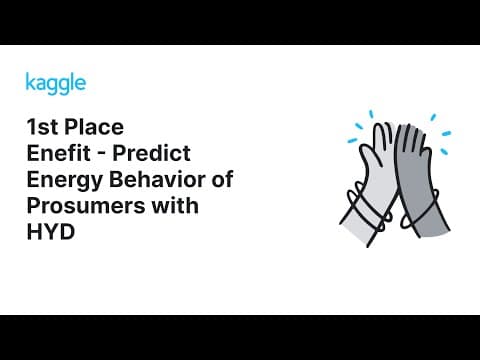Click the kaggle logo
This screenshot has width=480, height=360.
pos(55,82)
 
